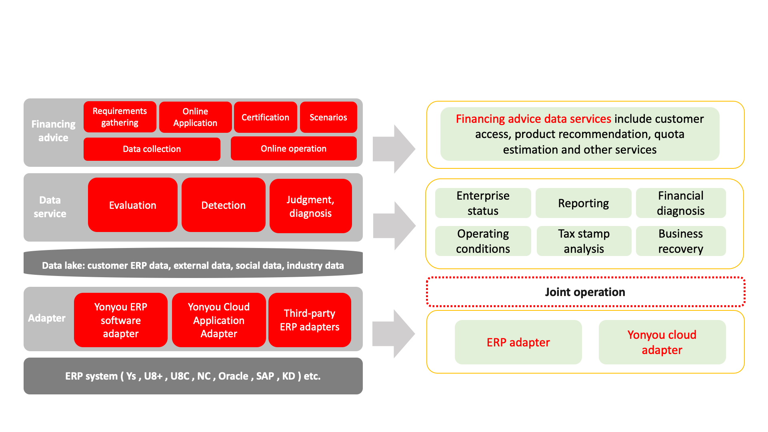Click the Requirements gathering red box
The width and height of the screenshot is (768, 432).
[x=120, y=117]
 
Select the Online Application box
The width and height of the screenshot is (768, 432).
[x=195, y=117]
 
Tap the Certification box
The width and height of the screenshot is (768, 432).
[x=265, y=117]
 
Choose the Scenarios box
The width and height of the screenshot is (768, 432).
[x=328, y=117]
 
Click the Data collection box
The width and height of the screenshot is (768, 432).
[x=152, y=149]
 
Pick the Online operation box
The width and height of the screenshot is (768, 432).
[x=293, y=149]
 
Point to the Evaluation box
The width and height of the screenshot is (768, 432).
[x=132, y=205]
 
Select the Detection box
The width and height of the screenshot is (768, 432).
[x=223, y=205]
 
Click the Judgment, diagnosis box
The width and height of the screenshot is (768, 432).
[x=310, y=206]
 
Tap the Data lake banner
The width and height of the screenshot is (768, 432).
[x=193, y=265]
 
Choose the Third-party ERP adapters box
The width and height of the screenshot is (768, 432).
[x=310, y=320]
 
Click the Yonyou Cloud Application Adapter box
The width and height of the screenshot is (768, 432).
[x=218, y=320]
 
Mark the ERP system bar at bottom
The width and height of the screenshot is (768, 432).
[x=193, y=376]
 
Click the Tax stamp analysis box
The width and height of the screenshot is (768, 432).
[x=584, y=241]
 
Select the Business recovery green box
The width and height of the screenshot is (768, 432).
[x=680, y=241]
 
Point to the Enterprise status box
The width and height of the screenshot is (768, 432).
[x=483, y=203]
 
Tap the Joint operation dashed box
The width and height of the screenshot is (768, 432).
[x=585, y=292]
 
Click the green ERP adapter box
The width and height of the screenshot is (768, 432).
[x=518, y=342]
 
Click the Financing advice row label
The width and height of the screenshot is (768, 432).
[x=53, y=131]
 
